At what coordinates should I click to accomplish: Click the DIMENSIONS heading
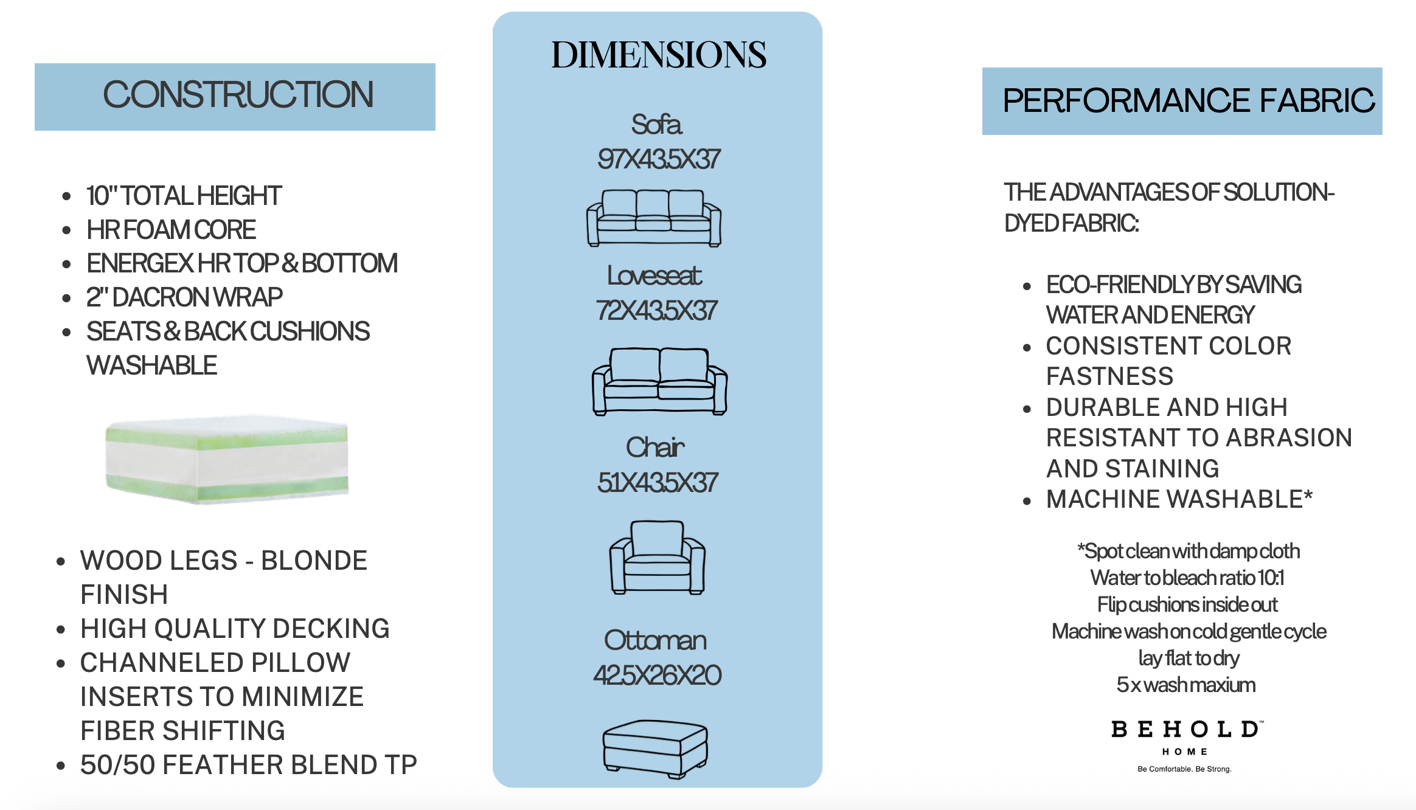pyautogui.click(x=658, y=55)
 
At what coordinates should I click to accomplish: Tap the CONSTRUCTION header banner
pyautogui.click(x=235, y=97)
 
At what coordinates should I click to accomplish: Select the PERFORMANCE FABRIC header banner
pyautogui.click(x=1182, y=101)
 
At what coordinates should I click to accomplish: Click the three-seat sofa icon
pyautogui.click(x=654, y=218)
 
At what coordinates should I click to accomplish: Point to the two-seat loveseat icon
pyautogui.click(x=659, y=381)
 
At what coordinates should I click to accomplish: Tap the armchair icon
pyautogui.click(x=658, y=557)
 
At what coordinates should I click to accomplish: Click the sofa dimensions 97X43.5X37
pyautogui.click(x=659, y=159)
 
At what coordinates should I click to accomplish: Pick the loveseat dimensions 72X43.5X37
pyautogui.click(x=657, y=311)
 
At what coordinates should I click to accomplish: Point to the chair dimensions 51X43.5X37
pyautogui.click(x=658, y=483)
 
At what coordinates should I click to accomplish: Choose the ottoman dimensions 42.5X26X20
pyautogui.click(x=658, y=676)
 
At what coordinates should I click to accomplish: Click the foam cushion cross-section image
pyautogui.click(x=226, y=460)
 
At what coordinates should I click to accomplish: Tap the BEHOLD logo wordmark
pyautogui.click(x=1187, y=729)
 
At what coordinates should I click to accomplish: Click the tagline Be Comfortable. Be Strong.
pyautogui.click(x=1184, y=769)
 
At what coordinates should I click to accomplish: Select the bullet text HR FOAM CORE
pyautogui.click(x=171, y=230)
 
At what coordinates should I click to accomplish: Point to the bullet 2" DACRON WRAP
pyautogui.click(x=184, y=297)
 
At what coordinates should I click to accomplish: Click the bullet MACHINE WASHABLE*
pyautogui.click(x=1179, y=499)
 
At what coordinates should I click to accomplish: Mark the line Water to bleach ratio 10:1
pyautogui.click(x=1187, y=578)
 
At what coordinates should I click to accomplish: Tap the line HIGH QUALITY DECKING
pyautogui.click(x=235, y=629)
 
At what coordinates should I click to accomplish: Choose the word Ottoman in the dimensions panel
pyautogui.click(x=655, y=640)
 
